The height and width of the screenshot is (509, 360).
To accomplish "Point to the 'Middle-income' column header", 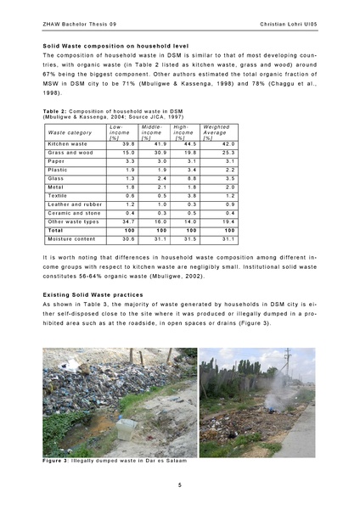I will point(151,131).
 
